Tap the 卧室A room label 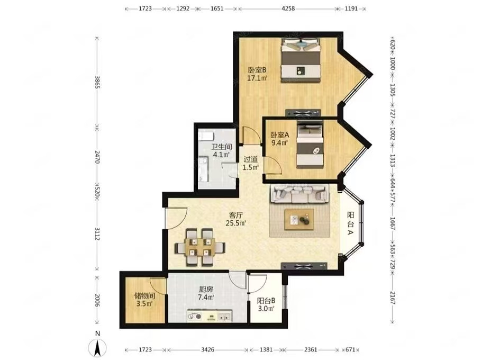[x=280, y=135]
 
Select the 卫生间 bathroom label [x=222, y=147]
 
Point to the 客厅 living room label [x=236, y=215]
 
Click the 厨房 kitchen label [x=206, y=290]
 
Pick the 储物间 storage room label [x=144, y=295]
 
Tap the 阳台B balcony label [x=266, y=301]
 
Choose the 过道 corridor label [x=251, y=159]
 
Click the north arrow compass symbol [x=98, y=346]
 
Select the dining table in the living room [x=199, y=247]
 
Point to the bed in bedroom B [x=301, y=60]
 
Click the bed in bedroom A [x=310, y=145]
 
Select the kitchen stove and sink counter [x=210, y=316]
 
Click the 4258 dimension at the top [x=288, y=8]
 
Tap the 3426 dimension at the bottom [x=207, y=349]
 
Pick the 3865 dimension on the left [x=97, y=82]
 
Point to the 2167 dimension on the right [x=393, y=297]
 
